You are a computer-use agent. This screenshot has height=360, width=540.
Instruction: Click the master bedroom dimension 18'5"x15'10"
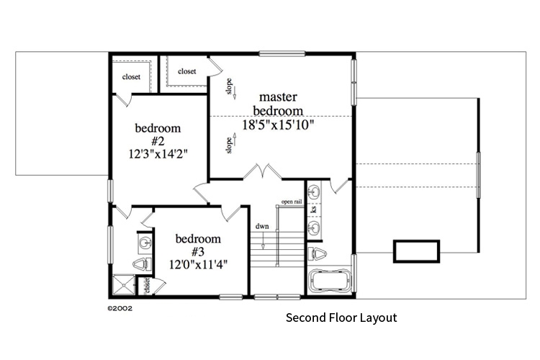pos(278,125)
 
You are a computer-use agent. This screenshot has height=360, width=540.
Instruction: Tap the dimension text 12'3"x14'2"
pos(158,153)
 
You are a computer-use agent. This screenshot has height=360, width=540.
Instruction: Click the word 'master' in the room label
pos(278,96)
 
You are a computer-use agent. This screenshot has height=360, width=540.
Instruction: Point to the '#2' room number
pos(158,140)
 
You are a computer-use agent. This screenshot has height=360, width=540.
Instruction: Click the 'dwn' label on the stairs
pos(262,227)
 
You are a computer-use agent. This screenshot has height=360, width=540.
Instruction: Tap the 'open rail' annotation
pos(292,202)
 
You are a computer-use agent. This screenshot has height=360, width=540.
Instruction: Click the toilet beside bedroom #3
pos(141,264)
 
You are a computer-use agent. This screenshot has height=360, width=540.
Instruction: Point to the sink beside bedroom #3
pos(144,242)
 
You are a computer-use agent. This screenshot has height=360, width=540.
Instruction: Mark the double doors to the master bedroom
pos(261,173)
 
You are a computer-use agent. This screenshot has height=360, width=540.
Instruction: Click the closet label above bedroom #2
pos(131,77)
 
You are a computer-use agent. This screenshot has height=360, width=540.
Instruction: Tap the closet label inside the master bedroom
pos(187,71)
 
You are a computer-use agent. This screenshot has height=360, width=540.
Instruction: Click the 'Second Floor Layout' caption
pos(341,318)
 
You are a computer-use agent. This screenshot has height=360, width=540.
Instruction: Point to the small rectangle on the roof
pos(415,252)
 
